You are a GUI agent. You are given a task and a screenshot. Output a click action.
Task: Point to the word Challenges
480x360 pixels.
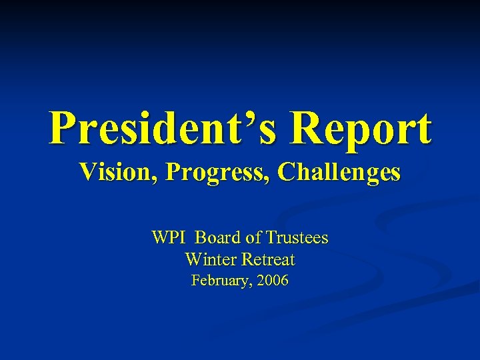point(339,172)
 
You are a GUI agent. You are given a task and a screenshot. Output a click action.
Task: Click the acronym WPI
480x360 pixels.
point(170,237)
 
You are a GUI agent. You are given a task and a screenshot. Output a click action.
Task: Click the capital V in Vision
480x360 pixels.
point(87,172)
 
